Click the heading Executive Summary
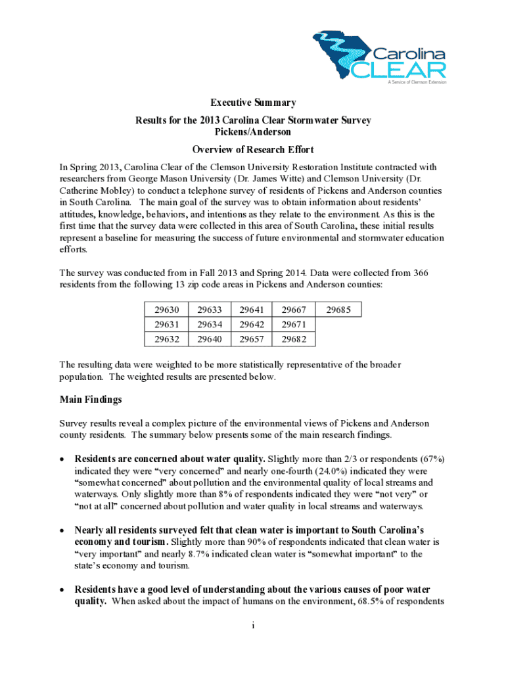tap(253, 103)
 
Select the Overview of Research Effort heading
tap(253, 149)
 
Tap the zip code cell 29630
tap(166, 310)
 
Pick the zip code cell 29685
tap(338, 310)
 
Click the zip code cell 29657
tap(251, 339)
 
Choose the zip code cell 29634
tap(209, 325)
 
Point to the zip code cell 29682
tap(294, 339)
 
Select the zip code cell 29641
tap(251, 310)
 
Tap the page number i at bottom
tap(253, 625)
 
